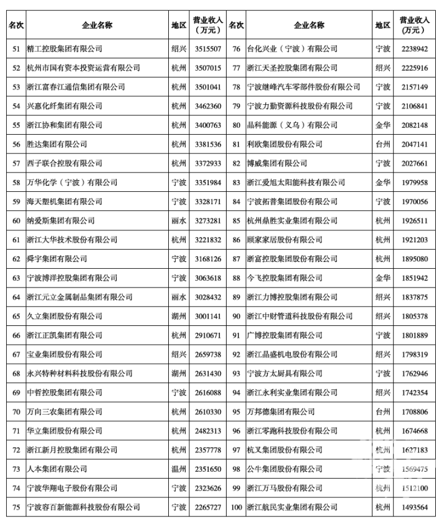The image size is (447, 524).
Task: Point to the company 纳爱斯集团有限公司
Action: (61, 220)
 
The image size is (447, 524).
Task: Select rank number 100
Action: (236, 507)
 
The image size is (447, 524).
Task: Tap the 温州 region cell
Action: (179, 469)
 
